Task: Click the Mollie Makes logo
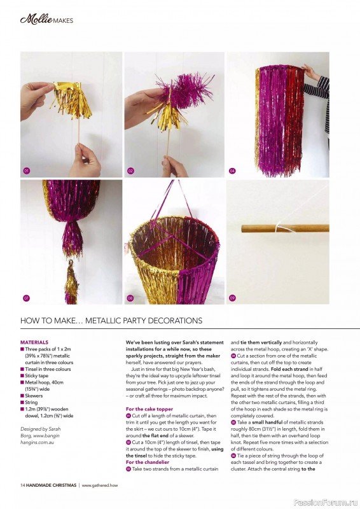46,20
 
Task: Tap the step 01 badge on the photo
27,171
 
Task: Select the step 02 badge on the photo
130,171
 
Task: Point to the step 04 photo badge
232,171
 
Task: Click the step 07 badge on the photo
27,298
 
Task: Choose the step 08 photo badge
130,298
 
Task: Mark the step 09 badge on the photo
232,298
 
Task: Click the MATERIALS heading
34,342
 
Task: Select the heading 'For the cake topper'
149,409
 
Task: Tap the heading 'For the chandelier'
148,462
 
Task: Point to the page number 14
22,485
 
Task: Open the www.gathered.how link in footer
100,485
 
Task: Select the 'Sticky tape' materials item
34,375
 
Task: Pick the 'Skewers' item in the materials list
32,396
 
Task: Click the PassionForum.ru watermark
326,503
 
